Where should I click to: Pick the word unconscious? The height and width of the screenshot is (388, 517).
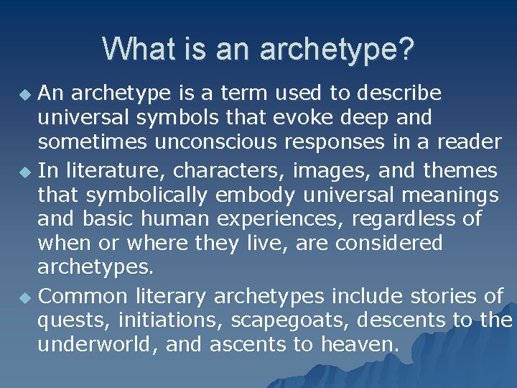[210, 142]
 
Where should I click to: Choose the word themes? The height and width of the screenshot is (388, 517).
[460, 171]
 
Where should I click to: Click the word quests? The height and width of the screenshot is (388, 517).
[71, 320]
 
